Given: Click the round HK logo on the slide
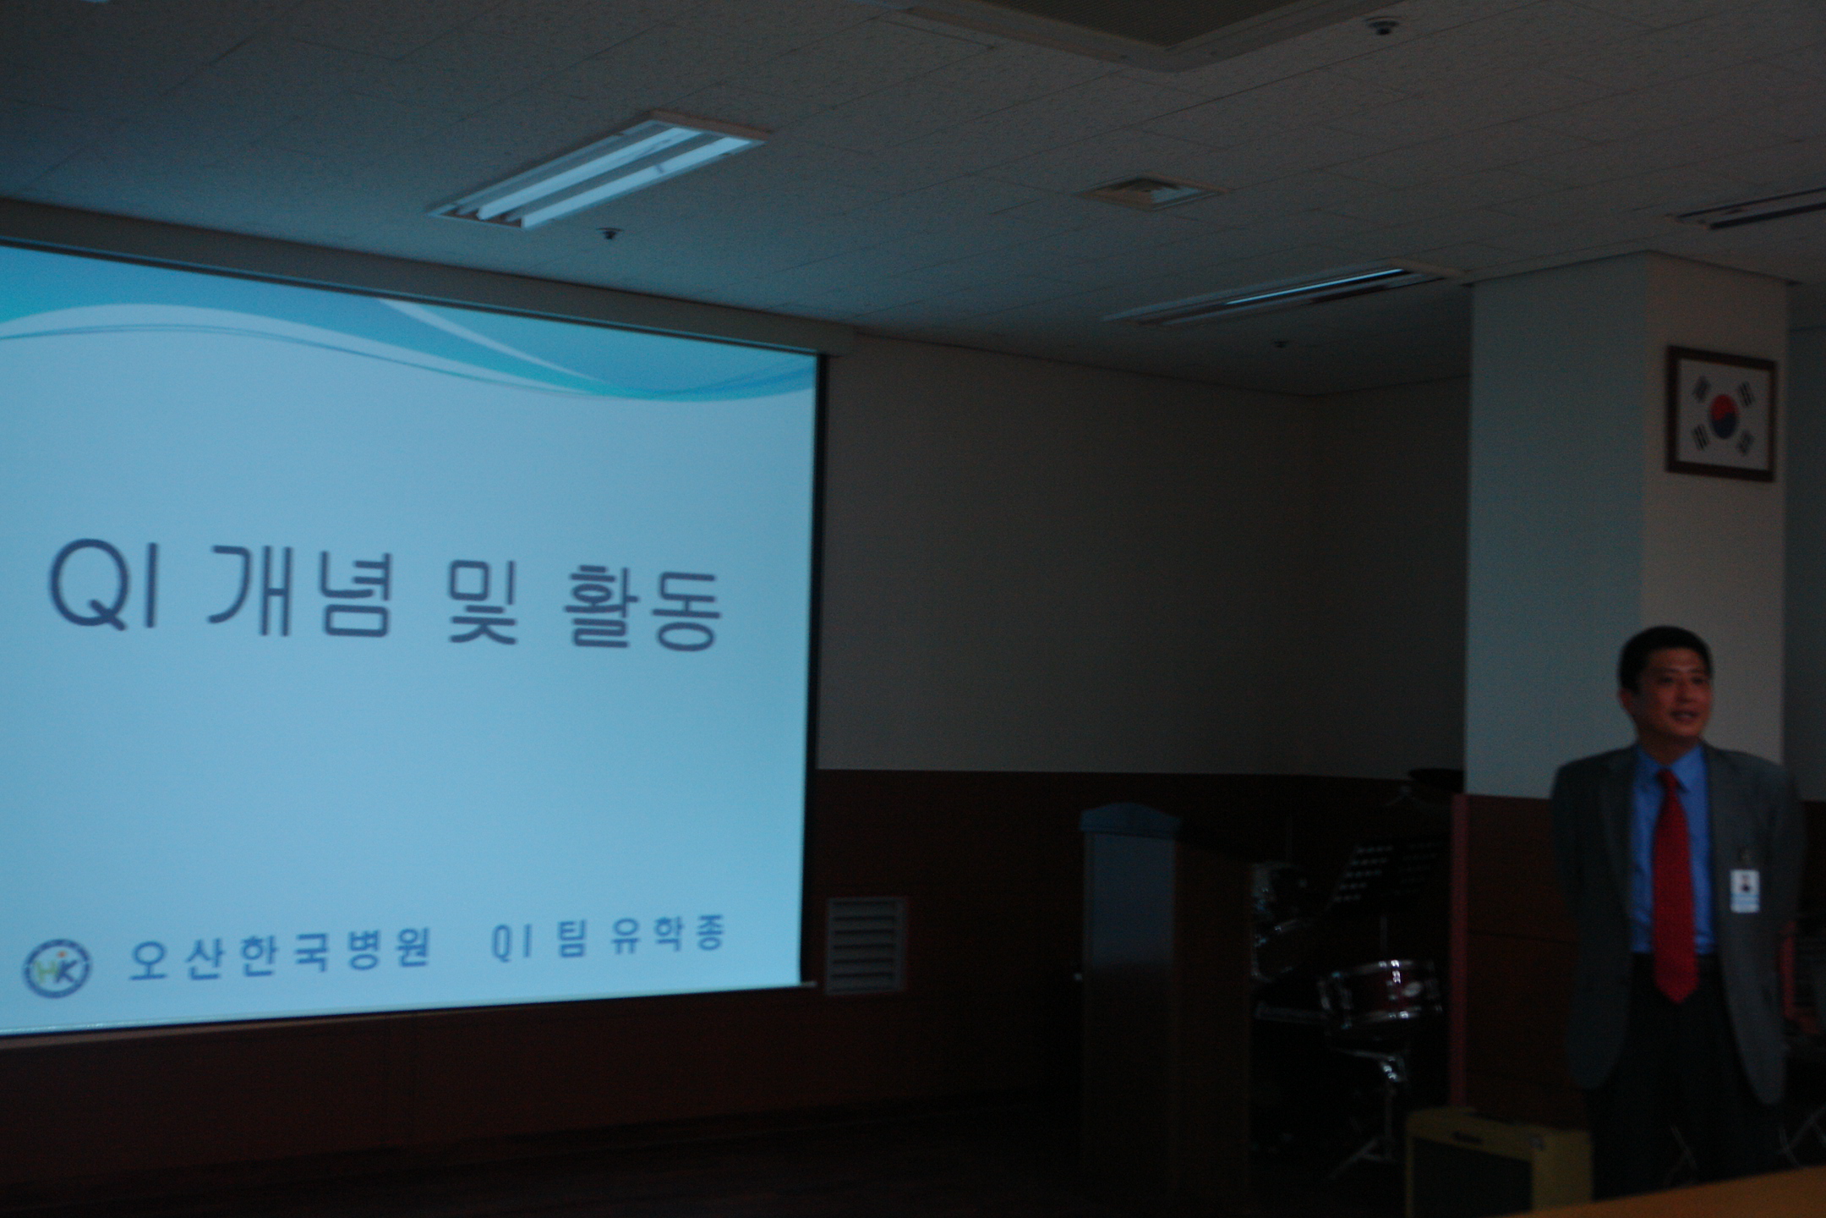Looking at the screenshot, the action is [57, 966].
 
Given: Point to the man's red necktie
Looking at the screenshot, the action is [1675, 888].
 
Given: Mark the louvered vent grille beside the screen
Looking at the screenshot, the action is [865, 945].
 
